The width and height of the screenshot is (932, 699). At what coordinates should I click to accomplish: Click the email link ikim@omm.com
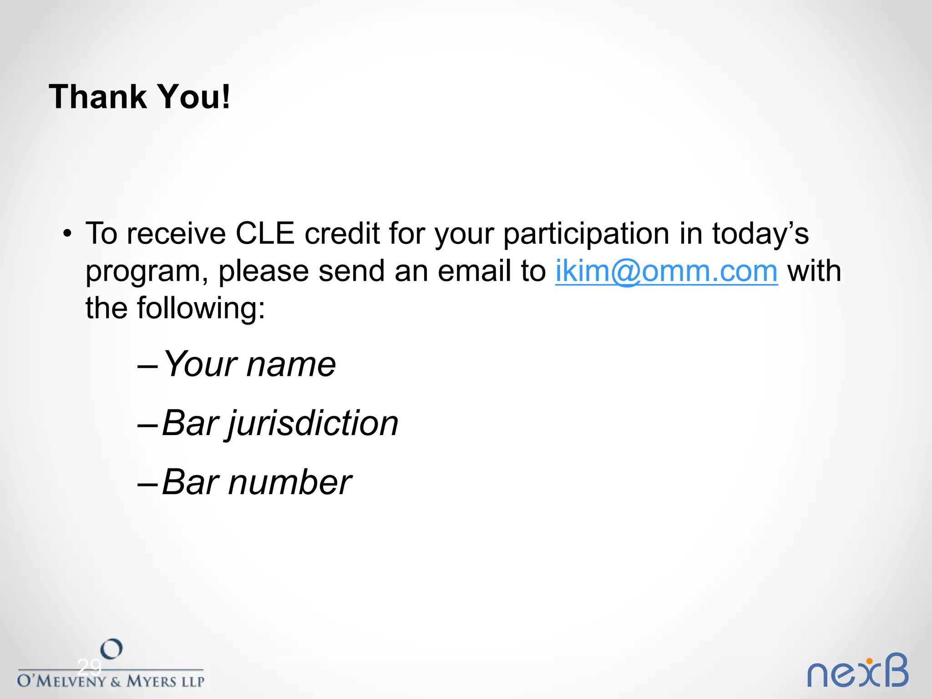click(x=666, y=271)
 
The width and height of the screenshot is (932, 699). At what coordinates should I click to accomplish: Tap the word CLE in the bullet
click(x=265, y=234)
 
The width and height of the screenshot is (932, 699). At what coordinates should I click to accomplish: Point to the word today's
click(x=760, y=234)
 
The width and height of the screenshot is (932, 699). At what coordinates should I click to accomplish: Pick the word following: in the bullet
click(x=201, y=309)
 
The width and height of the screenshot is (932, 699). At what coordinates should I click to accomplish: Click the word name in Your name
click(x=291, y=365)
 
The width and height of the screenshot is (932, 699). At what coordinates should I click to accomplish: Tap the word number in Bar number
click(x=289, y=482)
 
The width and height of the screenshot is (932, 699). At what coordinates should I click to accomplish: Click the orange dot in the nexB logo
click(x=869, y=661)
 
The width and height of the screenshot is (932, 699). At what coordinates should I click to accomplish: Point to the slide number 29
click(x=89, y=668)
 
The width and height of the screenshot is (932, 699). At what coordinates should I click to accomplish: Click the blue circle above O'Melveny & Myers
click(x=111, y=649)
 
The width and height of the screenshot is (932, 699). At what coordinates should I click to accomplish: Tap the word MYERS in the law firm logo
click(x=152, y=681)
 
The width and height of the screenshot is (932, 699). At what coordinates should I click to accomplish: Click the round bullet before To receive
click(x=67, y=234)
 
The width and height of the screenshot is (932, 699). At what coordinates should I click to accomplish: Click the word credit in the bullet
click(x=342, y=234)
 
